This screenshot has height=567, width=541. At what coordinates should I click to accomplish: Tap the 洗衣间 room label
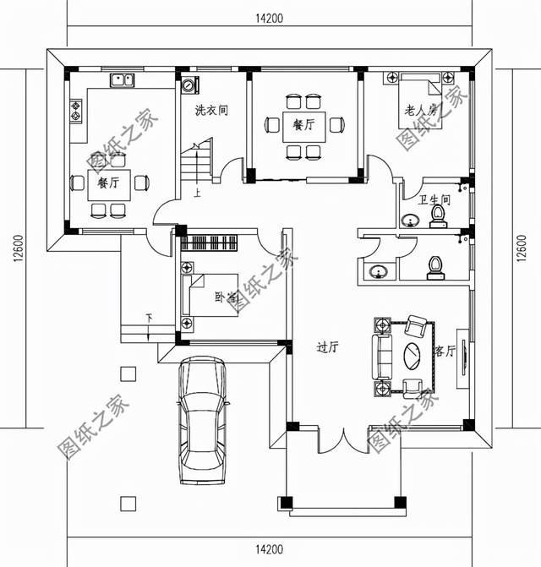click(211, 110)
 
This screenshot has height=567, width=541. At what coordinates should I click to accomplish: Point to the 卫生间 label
click(434, 200)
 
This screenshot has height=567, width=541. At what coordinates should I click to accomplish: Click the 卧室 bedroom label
click(227, 297)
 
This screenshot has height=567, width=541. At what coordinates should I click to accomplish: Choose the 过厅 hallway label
click(327, 346)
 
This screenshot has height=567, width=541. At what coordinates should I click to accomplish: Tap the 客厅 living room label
click(445, 351)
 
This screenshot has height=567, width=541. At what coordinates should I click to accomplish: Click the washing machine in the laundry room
click(188, 85)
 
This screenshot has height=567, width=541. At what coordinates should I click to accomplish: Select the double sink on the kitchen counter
click(123, 82)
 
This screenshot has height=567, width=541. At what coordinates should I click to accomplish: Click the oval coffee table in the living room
click(415, 355)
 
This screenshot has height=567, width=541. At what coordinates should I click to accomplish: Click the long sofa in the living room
click(381, 356)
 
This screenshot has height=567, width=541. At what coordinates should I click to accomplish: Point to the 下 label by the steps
click(149, 319)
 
